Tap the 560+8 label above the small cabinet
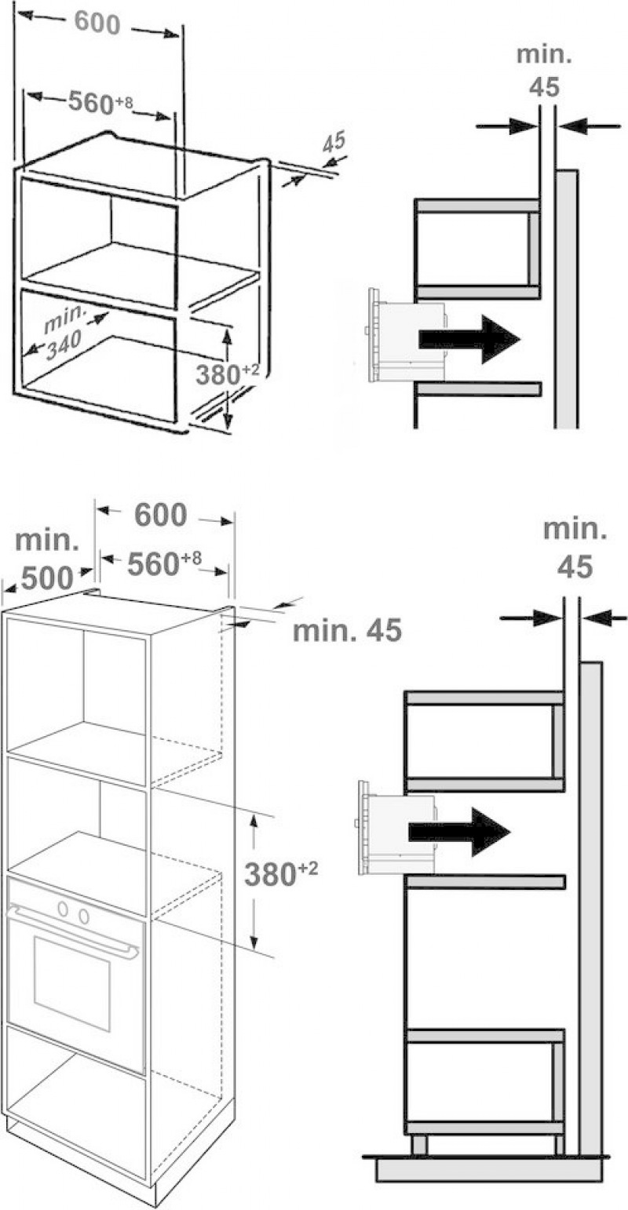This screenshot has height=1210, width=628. [100, 102]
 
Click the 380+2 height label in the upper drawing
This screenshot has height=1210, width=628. [227, 374]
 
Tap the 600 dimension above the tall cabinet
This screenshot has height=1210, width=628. [160, 515]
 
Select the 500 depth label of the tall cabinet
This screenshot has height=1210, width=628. [47, 578]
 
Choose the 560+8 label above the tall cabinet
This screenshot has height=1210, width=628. [164, 563]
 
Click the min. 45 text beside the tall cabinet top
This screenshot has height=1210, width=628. [347, 630]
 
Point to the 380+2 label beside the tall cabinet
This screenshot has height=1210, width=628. [281, 874]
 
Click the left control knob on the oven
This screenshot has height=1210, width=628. [64, 909]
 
